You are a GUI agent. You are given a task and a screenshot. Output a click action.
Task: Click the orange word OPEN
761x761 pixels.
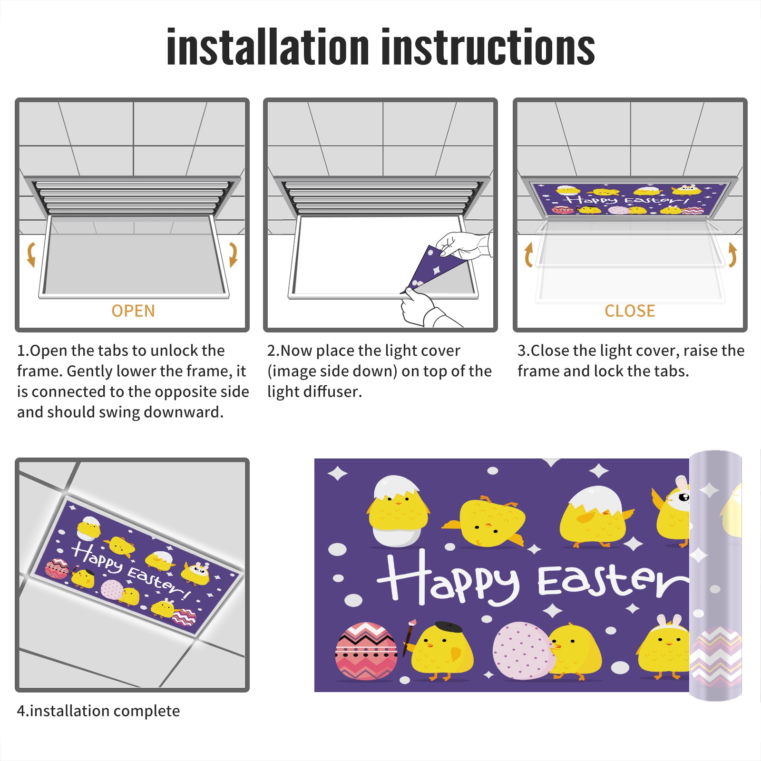(133, 311)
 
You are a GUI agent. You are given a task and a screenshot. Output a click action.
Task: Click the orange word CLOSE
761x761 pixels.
(630, 311)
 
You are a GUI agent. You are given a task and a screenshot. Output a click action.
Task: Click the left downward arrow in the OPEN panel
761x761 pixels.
(31, 254)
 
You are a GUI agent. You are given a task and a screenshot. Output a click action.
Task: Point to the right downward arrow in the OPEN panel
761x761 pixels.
(233, 254)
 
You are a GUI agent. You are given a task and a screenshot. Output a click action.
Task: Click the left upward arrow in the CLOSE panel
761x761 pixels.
(528, 254)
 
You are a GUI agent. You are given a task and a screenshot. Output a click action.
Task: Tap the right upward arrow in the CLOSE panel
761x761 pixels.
(732, 254)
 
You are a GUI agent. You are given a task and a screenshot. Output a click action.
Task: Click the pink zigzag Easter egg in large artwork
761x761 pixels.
(366, 651)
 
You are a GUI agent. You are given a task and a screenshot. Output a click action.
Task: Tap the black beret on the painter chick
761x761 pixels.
(449, 627)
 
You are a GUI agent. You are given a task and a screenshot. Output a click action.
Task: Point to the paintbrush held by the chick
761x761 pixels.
(409, 637)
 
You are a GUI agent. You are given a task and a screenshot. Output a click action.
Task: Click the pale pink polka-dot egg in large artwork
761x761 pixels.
(523, 650)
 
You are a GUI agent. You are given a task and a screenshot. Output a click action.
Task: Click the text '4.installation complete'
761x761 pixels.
(98, 711)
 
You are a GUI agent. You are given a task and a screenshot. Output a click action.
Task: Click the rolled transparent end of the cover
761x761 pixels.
(715, 576)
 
